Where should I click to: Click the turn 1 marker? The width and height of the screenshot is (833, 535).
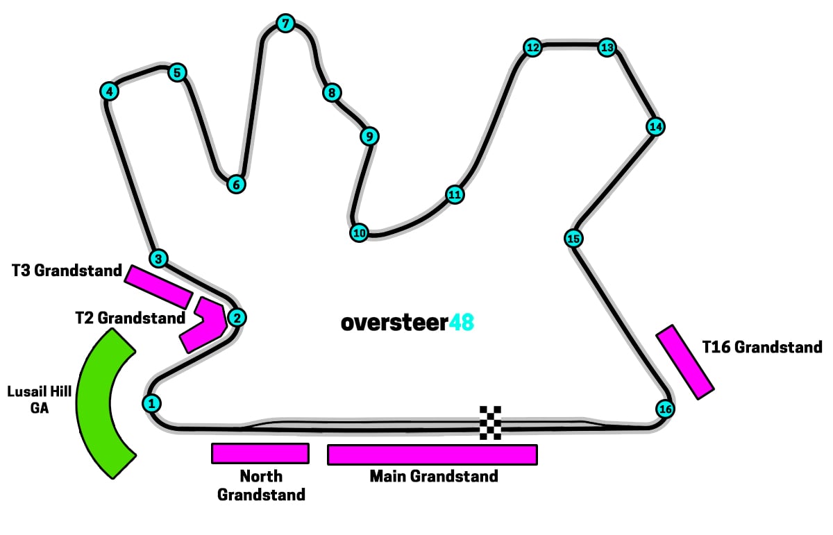pos(151,403)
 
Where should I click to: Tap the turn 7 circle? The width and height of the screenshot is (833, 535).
pos(285,24)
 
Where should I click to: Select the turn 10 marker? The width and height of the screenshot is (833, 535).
pos(360,233)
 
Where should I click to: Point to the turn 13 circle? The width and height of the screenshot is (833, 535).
pos(607,48)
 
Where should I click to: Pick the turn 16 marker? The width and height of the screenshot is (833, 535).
pos(665,409)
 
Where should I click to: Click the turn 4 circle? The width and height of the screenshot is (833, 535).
pos(110,92)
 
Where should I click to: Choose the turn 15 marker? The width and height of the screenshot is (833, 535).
pos(573,238)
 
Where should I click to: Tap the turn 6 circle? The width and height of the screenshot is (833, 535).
pos(236,184)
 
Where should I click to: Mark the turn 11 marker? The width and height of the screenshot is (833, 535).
pos(455,194)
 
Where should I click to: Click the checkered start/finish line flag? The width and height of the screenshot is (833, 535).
pos(490,423)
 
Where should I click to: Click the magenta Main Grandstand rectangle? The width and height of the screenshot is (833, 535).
pos(432,455)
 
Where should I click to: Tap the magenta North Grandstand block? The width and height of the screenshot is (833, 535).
pos(260,454)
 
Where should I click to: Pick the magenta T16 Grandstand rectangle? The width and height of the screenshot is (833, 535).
pos(684,362)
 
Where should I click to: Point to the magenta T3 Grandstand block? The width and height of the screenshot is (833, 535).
pos(158,287)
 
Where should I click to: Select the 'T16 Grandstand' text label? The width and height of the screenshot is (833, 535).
pos(762,347)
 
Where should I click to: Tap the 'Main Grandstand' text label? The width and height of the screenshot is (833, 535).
pos(434,476)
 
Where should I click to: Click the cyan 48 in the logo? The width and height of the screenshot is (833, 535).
pos(462,323)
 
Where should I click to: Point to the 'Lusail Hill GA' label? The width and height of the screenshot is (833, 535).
pos(40,400)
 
